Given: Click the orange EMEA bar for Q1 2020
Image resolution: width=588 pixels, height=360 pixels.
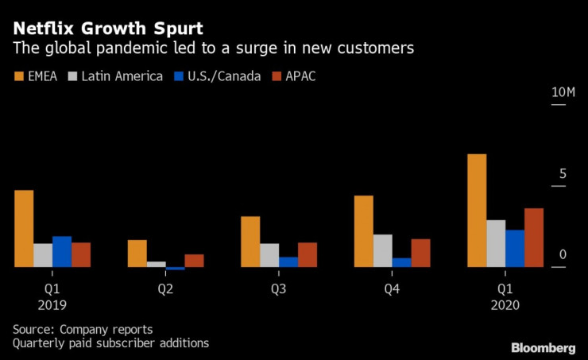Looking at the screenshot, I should [477, 211].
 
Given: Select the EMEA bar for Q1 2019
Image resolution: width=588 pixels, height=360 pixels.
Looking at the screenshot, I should [24, 229].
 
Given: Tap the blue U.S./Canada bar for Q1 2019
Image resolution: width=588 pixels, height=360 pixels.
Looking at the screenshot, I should [62, 251].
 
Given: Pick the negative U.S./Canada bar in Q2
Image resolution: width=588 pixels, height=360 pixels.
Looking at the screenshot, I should [176, 269].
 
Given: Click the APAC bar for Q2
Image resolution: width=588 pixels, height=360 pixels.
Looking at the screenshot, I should [194, 261].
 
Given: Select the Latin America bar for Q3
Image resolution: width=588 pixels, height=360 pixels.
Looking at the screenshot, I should [269, 255].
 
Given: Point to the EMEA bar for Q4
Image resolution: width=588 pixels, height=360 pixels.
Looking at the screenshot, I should [364, 231].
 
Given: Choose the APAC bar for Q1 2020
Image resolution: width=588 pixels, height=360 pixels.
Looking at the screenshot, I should [534, 238].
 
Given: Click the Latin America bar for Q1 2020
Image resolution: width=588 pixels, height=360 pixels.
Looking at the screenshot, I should [496, 243].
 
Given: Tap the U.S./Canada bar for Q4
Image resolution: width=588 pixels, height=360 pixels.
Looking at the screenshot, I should [402, 262].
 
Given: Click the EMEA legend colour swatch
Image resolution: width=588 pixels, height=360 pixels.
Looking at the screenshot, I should [19, 76].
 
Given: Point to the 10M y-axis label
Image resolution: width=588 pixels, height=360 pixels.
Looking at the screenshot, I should [563, 93].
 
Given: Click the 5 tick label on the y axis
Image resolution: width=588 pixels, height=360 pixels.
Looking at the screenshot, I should [563, 173].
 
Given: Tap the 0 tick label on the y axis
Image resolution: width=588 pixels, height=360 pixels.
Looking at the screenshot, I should [563, 254].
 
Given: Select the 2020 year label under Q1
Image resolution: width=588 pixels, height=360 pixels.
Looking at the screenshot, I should [505, 305].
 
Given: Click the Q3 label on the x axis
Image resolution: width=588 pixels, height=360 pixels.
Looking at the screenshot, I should [279, 289].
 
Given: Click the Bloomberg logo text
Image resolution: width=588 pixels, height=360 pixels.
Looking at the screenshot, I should [544, 347].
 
